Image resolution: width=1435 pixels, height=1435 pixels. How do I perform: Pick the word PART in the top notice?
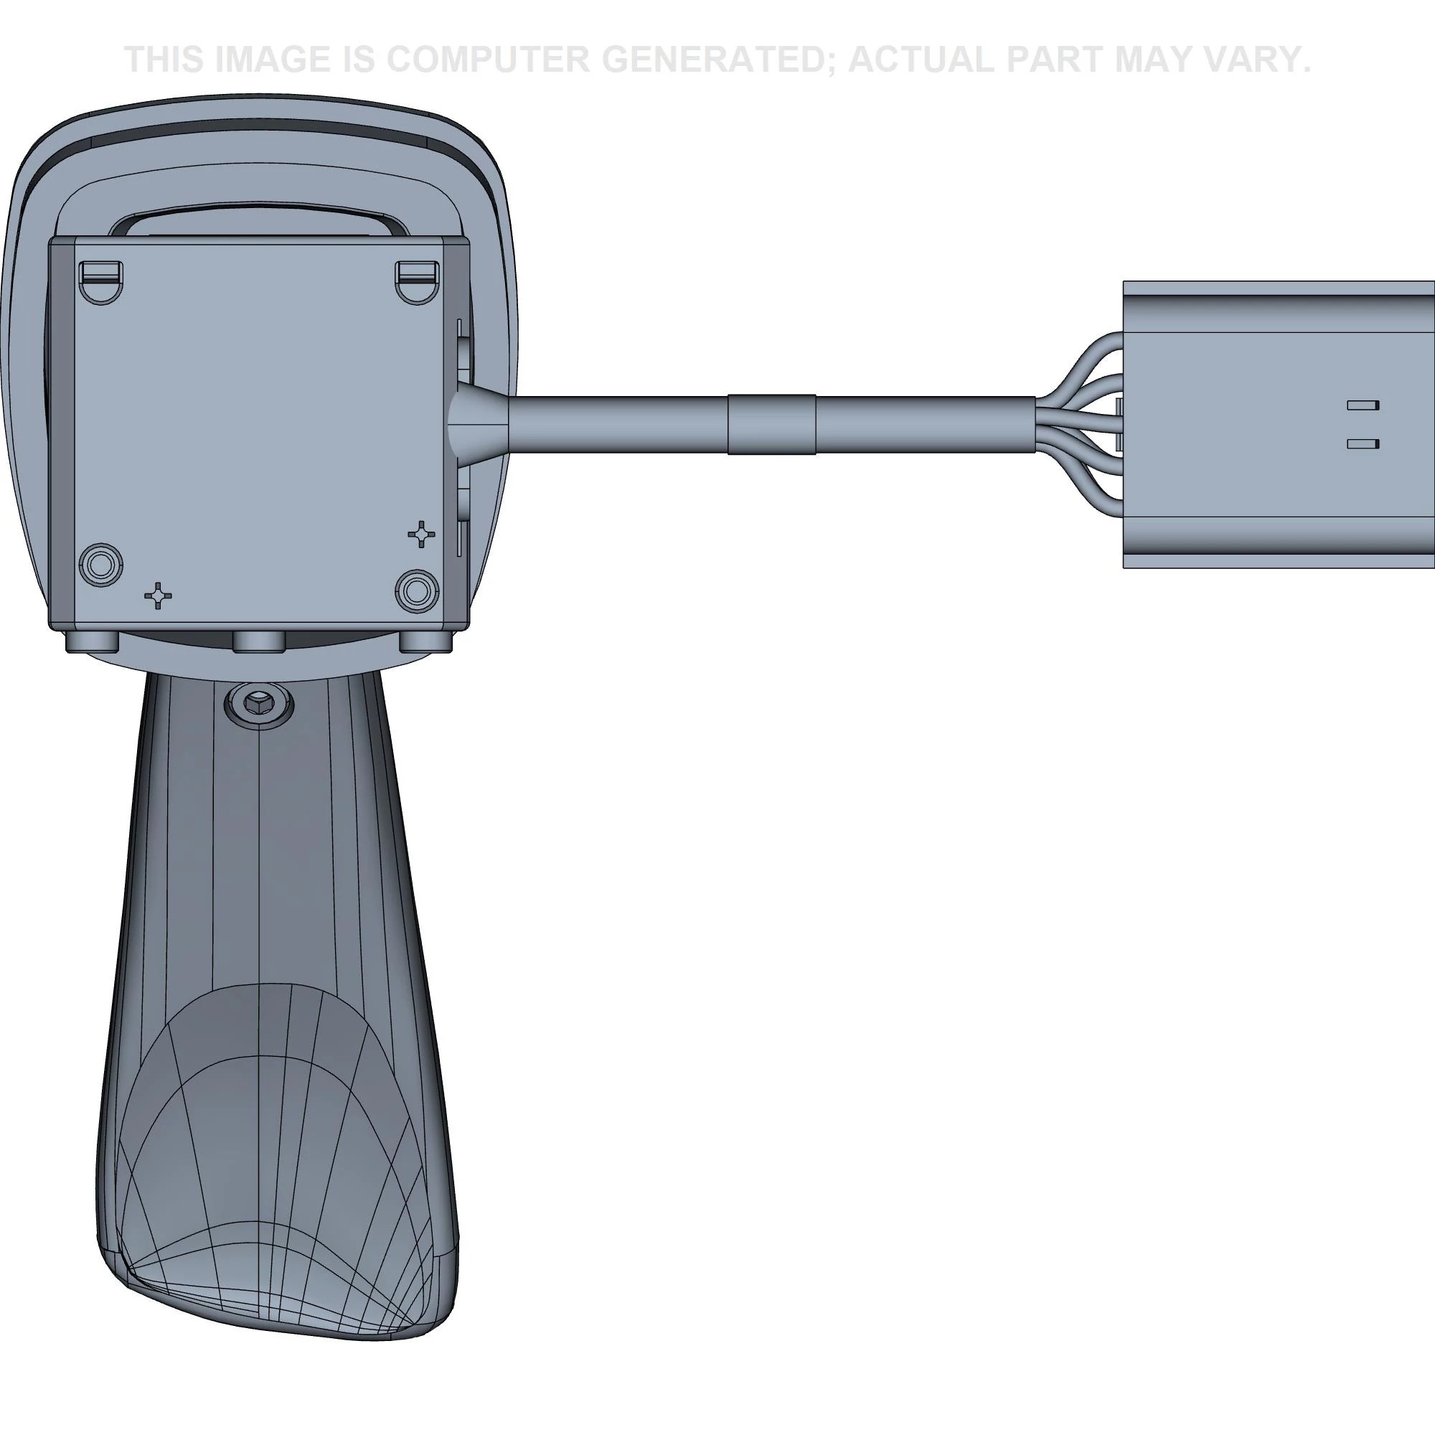coord(1054,60)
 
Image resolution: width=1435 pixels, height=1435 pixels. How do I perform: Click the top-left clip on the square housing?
coord(101,279)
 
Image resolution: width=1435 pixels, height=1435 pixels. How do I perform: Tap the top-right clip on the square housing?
coord(417,279)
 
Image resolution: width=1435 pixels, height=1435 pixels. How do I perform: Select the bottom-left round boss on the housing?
coord(101,564)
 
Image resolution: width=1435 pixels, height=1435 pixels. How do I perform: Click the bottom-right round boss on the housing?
coord(417,591)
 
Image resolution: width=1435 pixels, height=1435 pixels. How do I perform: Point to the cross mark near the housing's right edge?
coord(422,533)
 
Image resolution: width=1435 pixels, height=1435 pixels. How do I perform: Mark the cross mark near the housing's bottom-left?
coord(157,596)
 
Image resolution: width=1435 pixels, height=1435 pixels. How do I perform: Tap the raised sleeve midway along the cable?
coord(771,424)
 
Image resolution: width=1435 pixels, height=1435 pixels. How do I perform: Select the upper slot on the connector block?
coord(1363,405)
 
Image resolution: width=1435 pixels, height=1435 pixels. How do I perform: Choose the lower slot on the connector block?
coord(1363,443)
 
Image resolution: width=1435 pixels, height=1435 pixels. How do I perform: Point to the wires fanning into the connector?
coord(1077,423)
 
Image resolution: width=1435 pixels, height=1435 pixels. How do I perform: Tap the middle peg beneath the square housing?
coord(258,641)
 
